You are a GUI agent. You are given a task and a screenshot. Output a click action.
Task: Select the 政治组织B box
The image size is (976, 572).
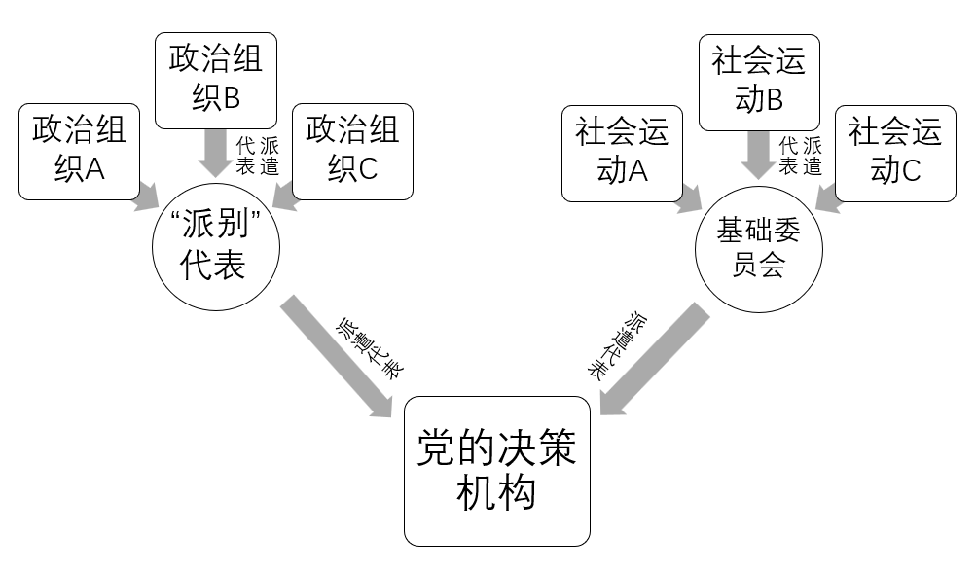pos(215,81)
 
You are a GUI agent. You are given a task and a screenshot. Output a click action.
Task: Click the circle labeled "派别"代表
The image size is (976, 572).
pos(216,248)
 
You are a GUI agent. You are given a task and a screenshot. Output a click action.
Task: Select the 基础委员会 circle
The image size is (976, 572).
pos(758,248)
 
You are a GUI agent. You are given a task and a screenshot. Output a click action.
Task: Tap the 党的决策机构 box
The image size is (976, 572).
pos(497,471)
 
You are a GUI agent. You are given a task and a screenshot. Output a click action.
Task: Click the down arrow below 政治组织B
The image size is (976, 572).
pos(215,153)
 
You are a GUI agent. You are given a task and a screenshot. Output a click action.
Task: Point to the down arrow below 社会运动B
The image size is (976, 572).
pos(758,153)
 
